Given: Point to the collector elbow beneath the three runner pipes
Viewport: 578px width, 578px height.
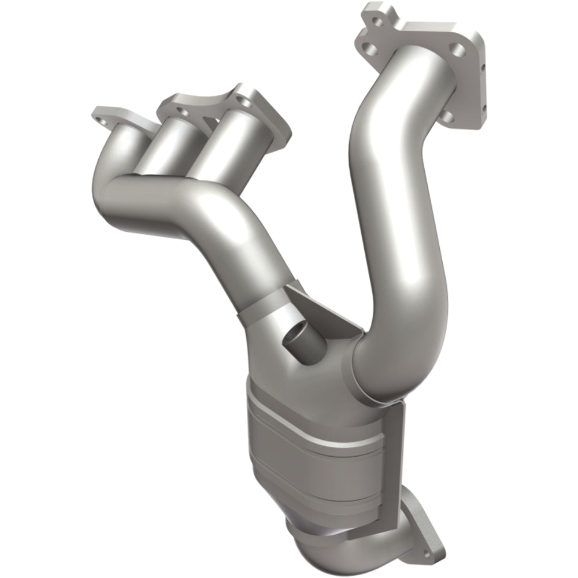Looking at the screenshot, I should [x=150, y=202].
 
